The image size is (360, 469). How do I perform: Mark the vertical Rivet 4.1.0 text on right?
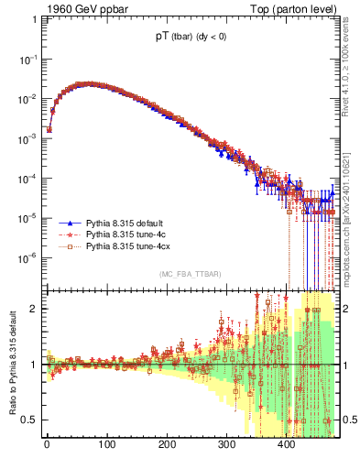point(349,64)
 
